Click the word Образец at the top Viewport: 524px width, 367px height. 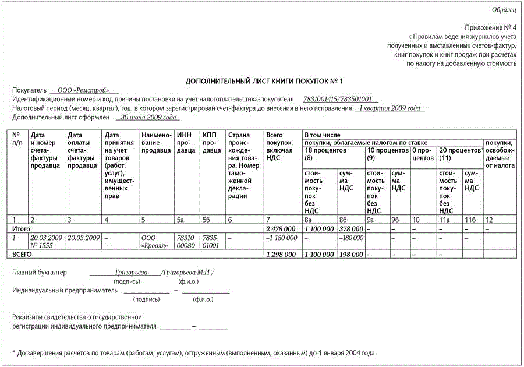[504, 10]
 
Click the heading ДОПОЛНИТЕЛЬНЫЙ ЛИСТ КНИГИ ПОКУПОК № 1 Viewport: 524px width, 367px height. [264, 80]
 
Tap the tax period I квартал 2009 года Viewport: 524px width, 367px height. [390, 108]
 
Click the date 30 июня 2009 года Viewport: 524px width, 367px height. [146, 117]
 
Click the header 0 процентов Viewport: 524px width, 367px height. [423, 154]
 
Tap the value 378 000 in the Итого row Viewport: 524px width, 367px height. [351, 229]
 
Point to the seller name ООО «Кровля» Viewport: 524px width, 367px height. [155, 241]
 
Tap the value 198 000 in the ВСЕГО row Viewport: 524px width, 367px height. [351, 255]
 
